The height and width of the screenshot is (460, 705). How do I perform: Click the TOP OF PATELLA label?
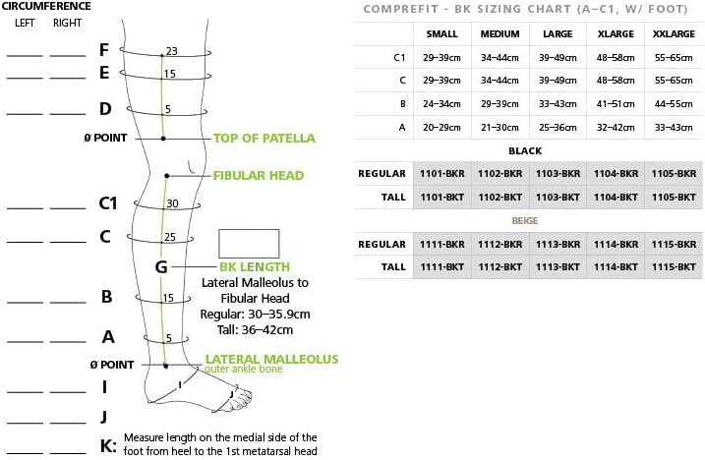[x=264, y=138]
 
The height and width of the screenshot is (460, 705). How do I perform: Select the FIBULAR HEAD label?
[x=259, y=176]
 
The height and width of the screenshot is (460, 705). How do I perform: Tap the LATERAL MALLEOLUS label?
[x=271, y=360]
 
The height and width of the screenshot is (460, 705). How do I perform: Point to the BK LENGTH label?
[x=254, y=266]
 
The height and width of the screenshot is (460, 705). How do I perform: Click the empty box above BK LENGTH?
[x=249, y=243]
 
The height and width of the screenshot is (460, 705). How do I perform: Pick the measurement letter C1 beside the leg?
[x=107, y=203]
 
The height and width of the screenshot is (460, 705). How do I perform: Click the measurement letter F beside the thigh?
[x=104, y=49]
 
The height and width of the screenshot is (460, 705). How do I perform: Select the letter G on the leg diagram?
[x=161, y=266]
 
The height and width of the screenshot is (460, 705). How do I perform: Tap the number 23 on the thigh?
[x=171, y=51]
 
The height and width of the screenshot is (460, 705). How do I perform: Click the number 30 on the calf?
[x=171, y=203]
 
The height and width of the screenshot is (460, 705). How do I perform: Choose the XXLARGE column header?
[x=674, y=33]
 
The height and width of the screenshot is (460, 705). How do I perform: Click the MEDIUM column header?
[x=499, y=33]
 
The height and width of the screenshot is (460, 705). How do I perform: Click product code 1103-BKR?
[x=558, y=173]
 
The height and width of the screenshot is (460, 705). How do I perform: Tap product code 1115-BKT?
[x=674, y=266]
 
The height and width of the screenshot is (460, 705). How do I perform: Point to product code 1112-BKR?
[x=499, y=244]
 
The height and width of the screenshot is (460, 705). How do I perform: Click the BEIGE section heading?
[x=524, y=221]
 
